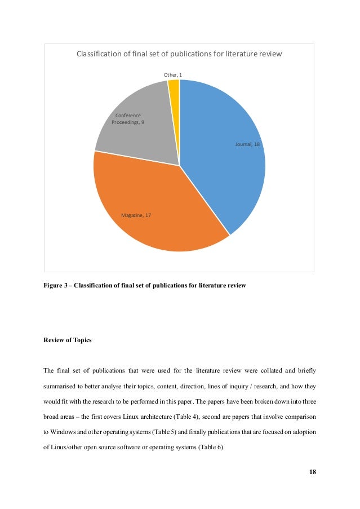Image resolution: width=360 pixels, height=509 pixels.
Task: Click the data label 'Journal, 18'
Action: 247,145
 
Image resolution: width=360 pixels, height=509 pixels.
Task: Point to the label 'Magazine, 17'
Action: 136,215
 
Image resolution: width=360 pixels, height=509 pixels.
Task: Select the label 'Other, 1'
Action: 173,75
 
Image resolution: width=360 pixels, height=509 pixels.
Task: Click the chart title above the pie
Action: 179,54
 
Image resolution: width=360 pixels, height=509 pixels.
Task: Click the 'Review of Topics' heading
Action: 67,340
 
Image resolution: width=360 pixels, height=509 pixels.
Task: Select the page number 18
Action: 312,472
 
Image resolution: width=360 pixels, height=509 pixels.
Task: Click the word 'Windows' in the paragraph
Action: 64,432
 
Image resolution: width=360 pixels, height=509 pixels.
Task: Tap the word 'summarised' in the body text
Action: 60,388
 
